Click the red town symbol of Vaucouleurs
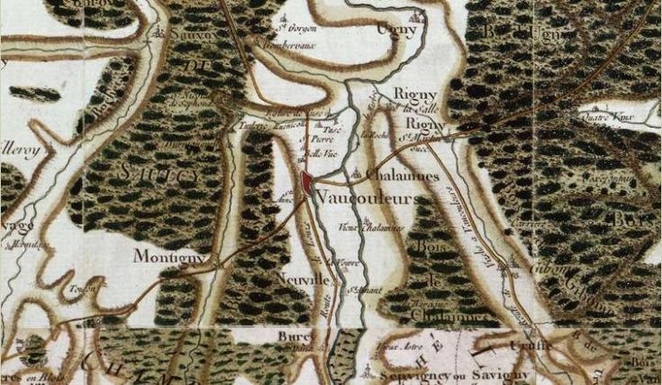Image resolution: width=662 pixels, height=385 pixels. click(308, 184)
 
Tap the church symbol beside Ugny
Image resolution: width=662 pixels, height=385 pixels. click(415, 17)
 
